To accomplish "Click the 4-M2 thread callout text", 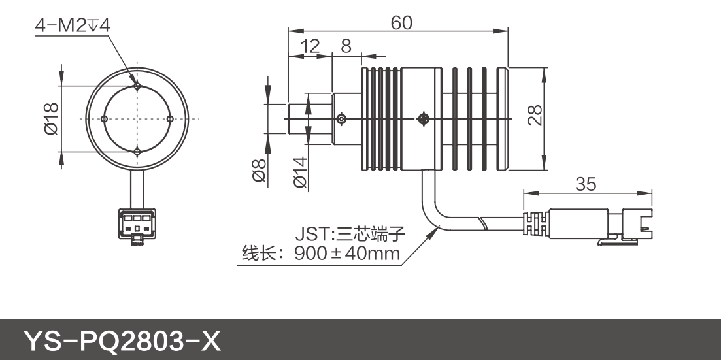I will tap(73, 25).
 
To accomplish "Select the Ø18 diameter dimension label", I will tap(52, 118).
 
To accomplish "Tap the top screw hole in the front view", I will tap(137, 85).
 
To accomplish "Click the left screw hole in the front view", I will tap(105, 118).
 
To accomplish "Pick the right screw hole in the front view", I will tap(169, 118).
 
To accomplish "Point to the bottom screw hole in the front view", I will tap(137, 152).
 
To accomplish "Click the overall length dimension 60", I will tap(401, 23).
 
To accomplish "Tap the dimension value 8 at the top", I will tap(346, 46).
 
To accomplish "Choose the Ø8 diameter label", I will tap(259, 171).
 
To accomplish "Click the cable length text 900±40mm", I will tap(347, 254).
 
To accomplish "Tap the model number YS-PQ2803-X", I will tap(123, 340).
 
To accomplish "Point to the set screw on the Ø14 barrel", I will tap(341, 119).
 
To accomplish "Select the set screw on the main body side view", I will tap(423, 119).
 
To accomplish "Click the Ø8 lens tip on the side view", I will tap(298, 118).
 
